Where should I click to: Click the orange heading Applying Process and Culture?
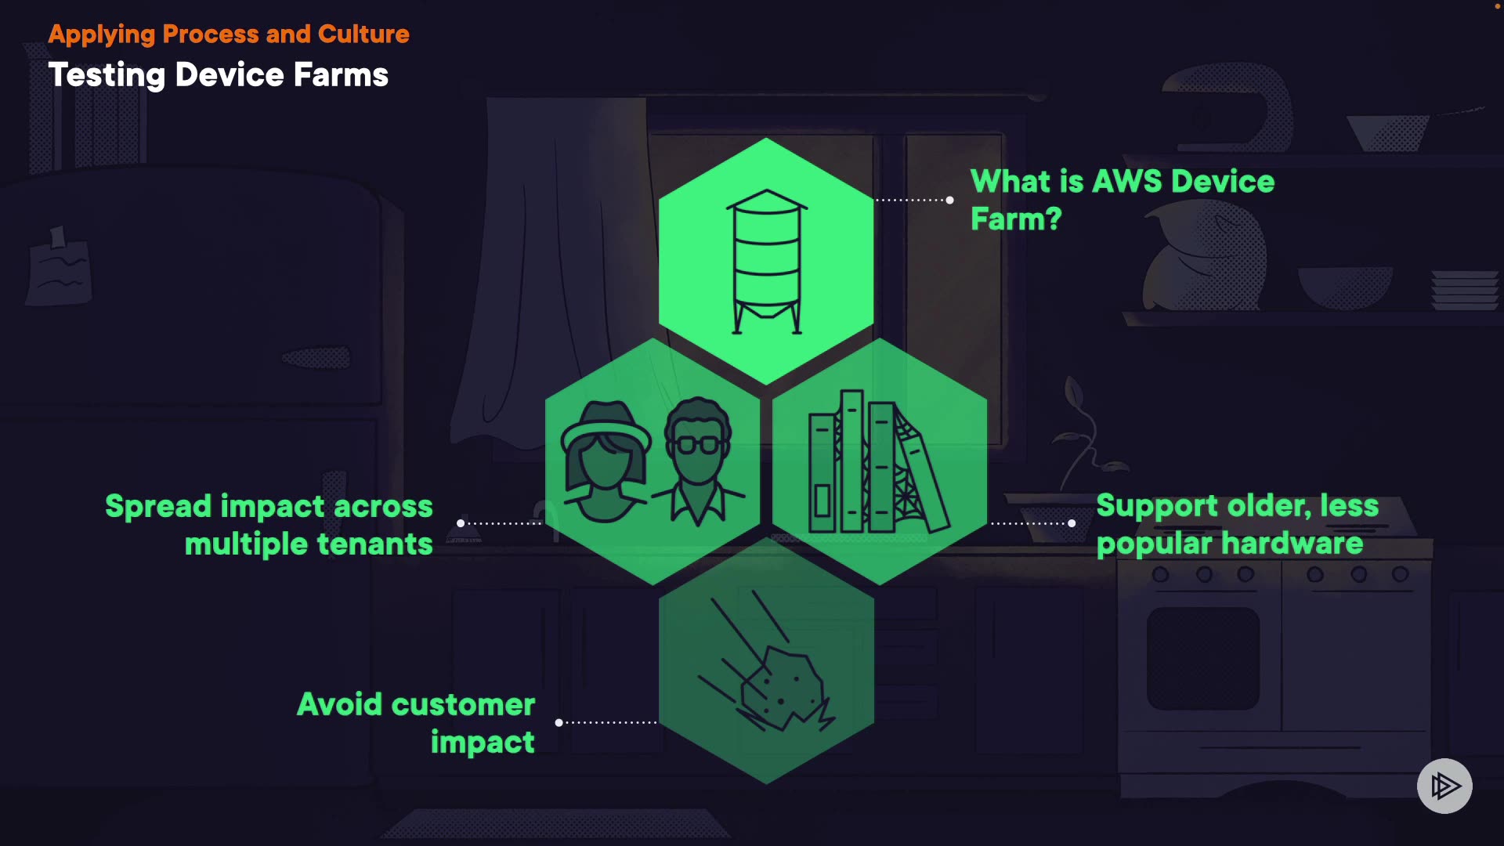pyautogui.click(x=229, y=34)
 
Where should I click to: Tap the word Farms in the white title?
pyautogui.click(x=341, y=75)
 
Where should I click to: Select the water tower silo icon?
pyautogui.click(x=767, y=262)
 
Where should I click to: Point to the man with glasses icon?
pyautogui.click(x=698, y=462)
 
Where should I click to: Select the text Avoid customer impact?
pyautogui.click(x=416, y=722)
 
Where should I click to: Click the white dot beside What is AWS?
pyautogui.click(x=950, y=201)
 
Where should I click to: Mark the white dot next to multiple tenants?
pyautogui.click(x=461, y=523)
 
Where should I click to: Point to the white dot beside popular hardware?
pyautogui.click(x=1072, y=523)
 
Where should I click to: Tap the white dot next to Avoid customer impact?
pyautogui.click(x=559, y=722)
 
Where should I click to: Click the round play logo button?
pyautogui.click(x=1444, y=786)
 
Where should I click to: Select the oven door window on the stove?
pyautogui.click(x=1203, y=658)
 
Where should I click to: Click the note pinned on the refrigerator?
pyautogui.click(x=59, y=270)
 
